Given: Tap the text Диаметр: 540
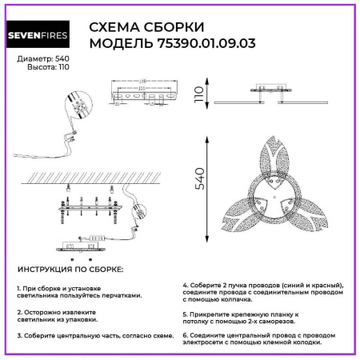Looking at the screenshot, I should click(37, 60).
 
